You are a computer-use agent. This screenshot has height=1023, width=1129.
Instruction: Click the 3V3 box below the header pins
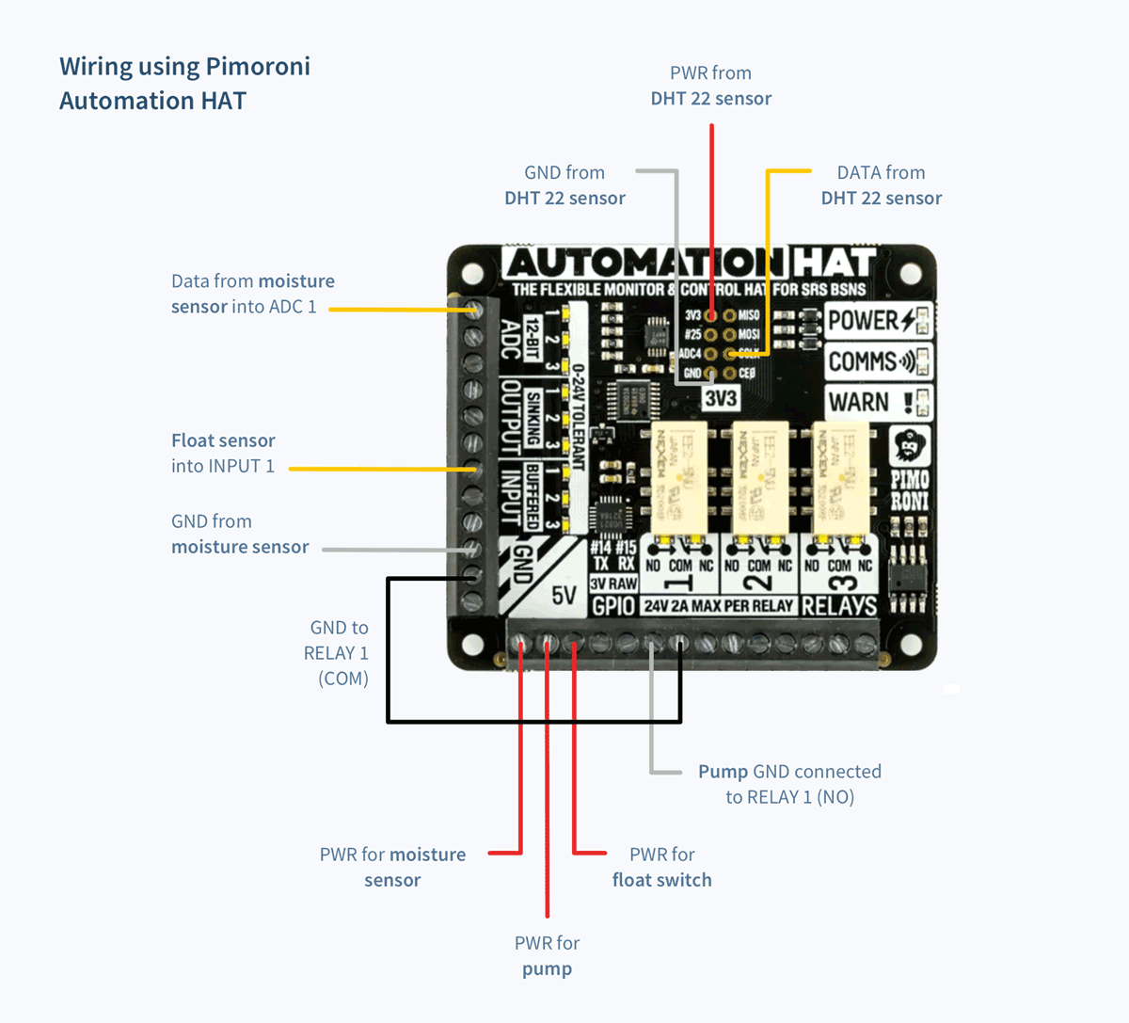721,398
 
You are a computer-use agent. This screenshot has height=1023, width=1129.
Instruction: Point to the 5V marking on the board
564,596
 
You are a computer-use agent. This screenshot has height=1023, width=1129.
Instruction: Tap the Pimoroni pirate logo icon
909,445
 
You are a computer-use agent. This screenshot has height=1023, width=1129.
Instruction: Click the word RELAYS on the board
839,606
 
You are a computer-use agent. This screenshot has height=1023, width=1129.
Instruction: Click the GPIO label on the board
613,606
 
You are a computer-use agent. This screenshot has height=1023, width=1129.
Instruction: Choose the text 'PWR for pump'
547,955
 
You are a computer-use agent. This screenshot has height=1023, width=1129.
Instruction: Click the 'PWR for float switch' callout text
661,867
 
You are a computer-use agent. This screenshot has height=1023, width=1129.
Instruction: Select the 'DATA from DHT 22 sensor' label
881,185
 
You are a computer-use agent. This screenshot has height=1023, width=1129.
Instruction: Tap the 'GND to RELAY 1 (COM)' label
337,652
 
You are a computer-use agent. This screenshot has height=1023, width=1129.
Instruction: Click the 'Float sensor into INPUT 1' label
223,453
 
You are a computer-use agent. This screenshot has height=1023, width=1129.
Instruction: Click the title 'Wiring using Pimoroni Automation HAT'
184,83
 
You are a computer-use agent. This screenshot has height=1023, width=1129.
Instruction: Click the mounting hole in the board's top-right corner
910,274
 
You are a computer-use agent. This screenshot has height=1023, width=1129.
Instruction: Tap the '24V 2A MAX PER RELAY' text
719,606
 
